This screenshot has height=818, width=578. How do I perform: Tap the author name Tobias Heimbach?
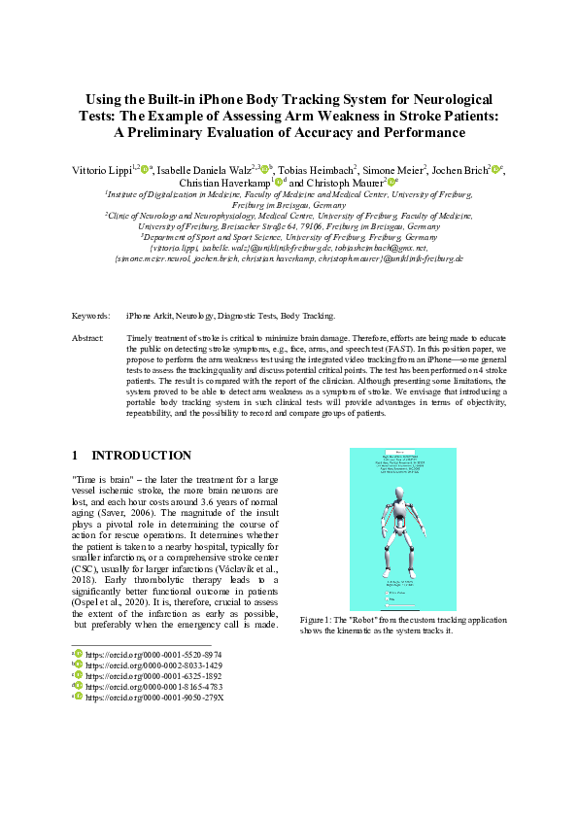(x=315, y=170)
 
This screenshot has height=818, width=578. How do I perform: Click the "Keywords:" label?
(x=91, y=316)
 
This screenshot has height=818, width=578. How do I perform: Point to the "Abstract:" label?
(x=88, y=337)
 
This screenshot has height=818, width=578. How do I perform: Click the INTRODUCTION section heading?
(x=141, y=456)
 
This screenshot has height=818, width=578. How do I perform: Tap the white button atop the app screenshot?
(x=400, y=453)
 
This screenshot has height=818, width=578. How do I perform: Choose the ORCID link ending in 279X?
(x=154, y=698)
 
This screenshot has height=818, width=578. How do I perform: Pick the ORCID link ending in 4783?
(x=153, y=687)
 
